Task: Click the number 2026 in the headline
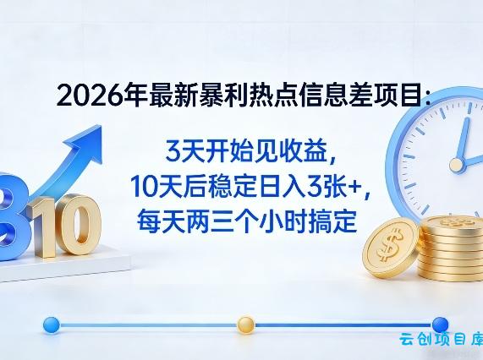(x=84, y=97)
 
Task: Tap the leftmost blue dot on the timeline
(x=50, y=324)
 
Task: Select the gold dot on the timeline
(x=245, y=324)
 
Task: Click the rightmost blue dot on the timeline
(x=440, y=324)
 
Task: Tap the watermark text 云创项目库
(x=440, y=342)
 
